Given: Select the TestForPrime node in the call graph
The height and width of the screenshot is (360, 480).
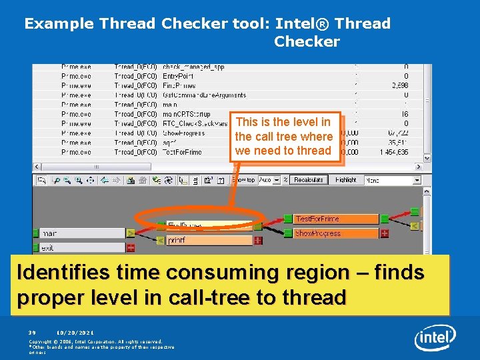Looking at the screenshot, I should [x=336, y=219].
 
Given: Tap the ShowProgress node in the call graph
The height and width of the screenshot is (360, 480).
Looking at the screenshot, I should [x=336, y=233].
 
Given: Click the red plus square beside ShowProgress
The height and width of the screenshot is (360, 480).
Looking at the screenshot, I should [x=385, y=233].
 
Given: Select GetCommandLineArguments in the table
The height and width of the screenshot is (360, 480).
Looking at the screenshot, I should [x=204, y=95].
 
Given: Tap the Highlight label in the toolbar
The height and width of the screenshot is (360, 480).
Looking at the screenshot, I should [x=346, y=180].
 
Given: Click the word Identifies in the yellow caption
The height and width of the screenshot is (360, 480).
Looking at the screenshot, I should [x=63, y=273].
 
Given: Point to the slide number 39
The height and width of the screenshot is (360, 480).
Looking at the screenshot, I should [x=31, y=333].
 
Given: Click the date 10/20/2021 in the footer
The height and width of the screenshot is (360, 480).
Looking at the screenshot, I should [x=75, y=333].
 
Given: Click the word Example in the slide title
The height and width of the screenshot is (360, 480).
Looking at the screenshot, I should [x=59, y=23].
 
